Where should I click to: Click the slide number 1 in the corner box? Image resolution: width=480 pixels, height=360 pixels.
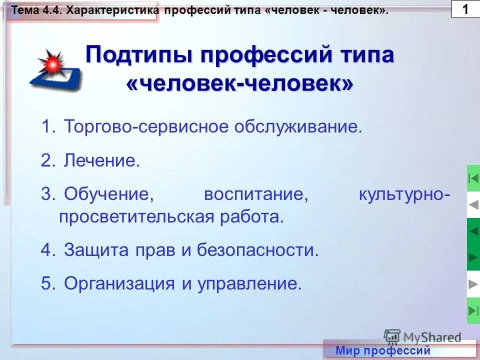click(x=465, y=9)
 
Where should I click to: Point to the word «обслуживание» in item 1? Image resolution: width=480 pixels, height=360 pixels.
click(x=298, y=126)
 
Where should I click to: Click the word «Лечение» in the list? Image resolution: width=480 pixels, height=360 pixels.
click(x=101, y=160)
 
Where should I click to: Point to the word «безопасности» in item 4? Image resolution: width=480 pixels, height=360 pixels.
click(x=257, y=250)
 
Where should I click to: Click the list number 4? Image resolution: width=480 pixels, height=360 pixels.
click(x=46, y=250)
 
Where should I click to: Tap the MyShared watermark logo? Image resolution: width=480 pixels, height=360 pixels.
click(x=422, y=336)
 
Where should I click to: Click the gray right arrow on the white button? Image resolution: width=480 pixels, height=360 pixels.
click(x=473, y=284)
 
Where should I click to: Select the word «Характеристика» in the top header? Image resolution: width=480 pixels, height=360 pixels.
click(x=114, y=10)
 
